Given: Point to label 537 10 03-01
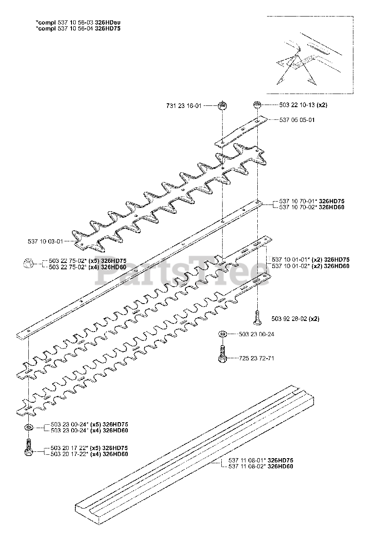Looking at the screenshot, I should point(45,241).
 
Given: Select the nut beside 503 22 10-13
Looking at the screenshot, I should point(256,105).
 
